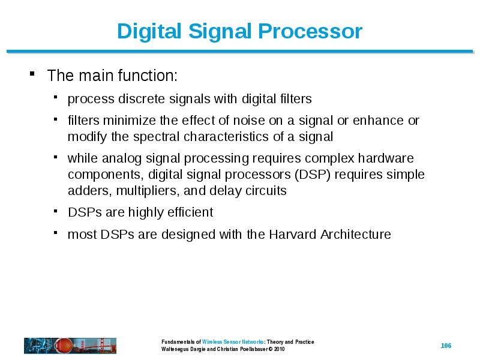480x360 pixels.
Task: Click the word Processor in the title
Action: pos(310,31)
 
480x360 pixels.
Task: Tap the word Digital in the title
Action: pos(149,32)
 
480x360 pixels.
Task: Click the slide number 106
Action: pos(446,346)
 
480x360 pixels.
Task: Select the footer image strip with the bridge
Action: pos(70,346)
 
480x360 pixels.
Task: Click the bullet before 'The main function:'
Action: pos(32,73)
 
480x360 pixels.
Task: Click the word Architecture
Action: pos(356,235)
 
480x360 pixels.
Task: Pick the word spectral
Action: pos(157,137)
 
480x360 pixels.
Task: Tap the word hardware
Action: pos(386,158)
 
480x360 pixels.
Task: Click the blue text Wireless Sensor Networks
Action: pos(233,341)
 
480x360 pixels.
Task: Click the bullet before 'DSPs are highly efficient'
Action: pos(55,211)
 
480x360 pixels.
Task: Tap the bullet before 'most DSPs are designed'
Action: pos(55,233)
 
